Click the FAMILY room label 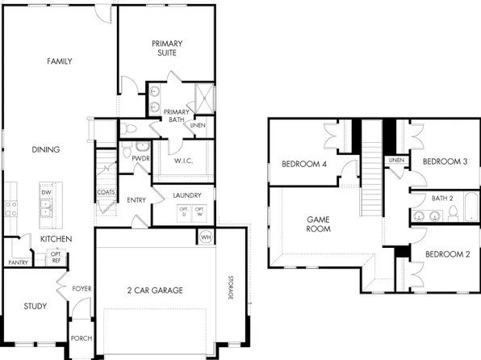[x=60, y=61]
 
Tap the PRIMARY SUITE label [x=167, y=48]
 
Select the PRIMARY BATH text [x=175, y=115]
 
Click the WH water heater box [x=205, y=237]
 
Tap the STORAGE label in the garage [x=229, y=287]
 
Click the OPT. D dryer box [x=183, y=212]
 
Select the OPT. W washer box [x=199, y=212]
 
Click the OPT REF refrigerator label [x=56, y=257]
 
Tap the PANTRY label [x=18, y=263]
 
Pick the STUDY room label [x=36, y=307]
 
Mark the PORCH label [x=82, y=339]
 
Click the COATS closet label [x=105, y=192]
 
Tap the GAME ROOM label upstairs [x=319, y=224]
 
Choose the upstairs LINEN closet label [x=396, y=161]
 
